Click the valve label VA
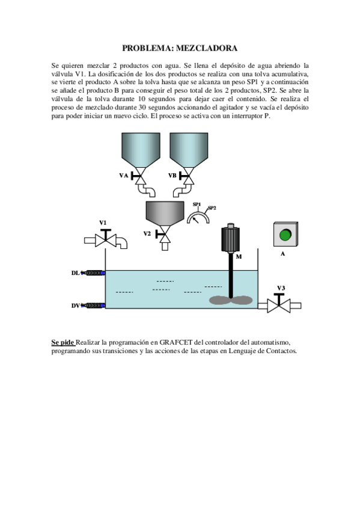click(124, 176)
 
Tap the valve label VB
click(172, 176)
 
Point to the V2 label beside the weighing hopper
click(147, 233)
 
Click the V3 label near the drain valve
click(281, 287)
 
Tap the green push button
click(285, 234)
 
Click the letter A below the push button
click(282, 254)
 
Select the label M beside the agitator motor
click(239, 256)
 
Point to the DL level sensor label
click(75, 273)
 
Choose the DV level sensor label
click(75, 306)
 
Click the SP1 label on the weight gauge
click(197, 204)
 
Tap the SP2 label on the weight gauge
click(212, 208)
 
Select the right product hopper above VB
click(189, 147)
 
